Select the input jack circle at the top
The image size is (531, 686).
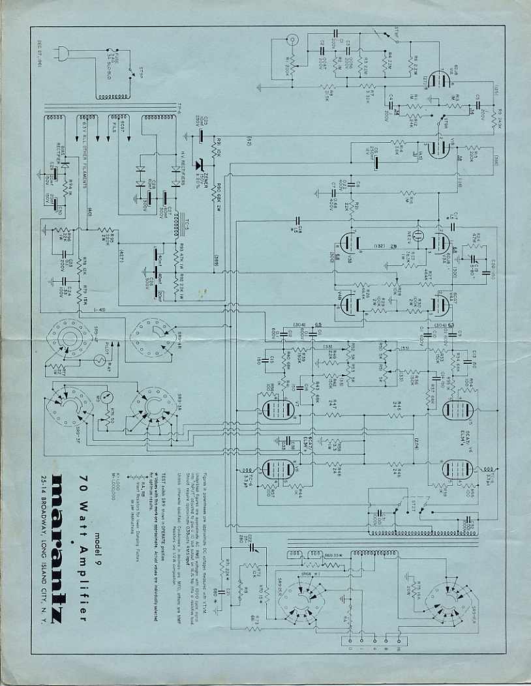click(x=294, y=41)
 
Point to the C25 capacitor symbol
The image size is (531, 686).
click(x=202, y=135)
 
